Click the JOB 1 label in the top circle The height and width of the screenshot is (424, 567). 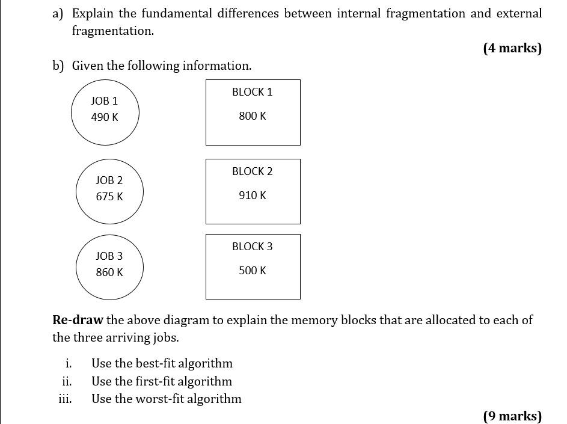pos(105,101)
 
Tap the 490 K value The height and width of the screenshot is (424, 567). pos(105,117)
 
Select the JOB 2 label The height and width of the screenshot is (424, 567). pos(109,180)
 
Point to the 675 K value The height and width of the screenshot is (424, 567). pos(109,197)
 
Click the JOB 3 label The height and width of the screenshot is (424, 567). pos(109,256)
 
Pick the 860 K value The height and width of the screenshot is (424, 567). pos(109,272)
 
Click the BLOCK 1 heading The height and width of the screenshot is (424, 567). pos(252,92)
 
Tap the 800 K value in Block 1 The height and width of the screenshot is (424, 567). pos(253,116)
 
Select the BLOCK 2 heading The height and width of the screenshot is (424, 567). pos(252,171)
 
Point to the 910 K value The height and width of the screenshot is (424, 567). pos(253,195)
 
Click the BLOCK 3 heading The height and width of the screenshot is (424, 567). pos(252,247)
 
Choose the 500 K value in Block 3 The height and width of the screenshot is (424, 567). pos(253,271)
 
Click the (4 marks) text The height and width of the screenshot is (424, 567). pos(512,49)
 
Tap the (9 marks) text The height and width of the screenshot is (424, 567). pos(512,416)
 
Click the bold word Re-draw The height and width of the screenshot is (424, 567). pos(78,320)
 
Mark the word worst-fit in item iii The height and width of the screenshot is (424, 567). pos(160,399)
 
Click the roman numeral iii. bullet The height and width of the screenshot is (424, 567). pos(66,399)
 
